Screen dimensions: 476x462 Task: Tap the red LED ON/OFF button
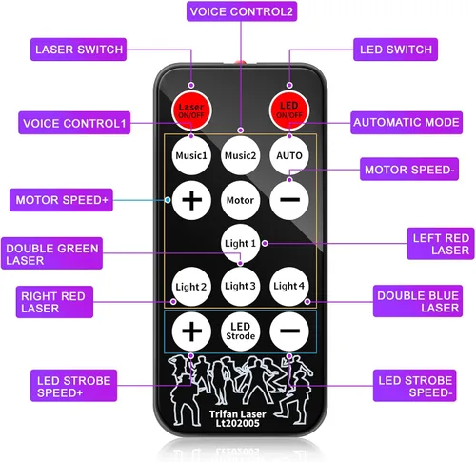click(x=289, y=110)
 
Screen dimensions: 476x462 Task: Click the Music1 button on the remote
click(x=191, y=155)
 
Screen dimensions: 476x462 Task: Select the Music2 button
click(x=240, y=155)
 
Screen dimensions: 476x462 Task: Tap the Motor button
click(x=240, y=200)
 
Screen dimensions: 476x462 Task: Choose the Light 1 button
click(x=240, y=244)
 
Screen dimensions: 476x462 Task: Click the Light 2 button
click(x=191, y=287)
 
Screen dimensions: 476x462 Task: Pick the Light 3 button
click(x=240, y=287)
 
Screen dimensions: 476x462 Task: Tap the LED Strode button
click(x=240, y=331)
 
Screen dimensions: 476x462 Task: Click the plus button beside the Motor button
click(x=191, y=200)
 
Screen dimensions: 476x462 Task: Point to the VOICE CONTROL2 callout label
click(x=242, y=11)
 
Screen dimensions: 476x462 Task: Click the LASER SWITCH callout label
click(x=78, y=50)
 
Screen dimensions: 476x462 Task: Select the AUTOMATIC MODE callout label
click(x=407, y=123)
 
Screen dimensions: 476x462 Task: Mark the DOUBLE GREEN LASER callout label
click(x=51, y=253)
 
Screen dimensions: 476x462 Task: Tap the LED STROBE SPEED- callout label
click(x=415, y=386)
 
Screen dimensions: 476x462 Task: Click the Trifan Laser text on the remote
click(x=238, y=414)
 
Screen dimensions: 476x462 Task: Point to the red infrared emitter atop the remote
click(x=240, y=62)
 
